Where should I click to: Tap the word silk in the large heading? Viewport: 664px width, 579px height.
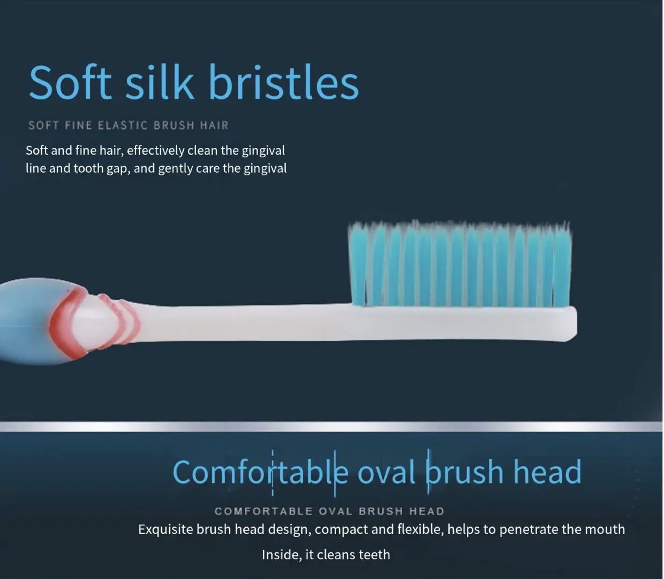pyautogui.click(x=159, y=83)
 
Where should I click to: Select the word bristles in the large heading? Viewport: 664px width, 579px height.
pyautogui.click(x=283, y=83)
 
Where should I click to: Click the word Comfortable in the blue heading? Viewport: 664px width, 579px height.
pyautogui.click(x=260, y=472)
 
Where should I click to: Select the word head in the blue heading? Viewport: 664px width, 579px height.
pyautogui.click(x=547, y=472)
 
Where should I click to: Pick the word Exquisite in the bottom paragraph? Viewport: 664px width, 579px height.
pyautogui.click(x=165, y=530)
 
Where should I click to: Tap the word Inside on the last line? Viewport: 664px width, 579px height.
pyautogui.click(x=281, y=555)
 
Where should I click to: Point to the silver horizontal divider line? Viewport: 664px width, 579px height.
pyautogui.click(x=332, y=427)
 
